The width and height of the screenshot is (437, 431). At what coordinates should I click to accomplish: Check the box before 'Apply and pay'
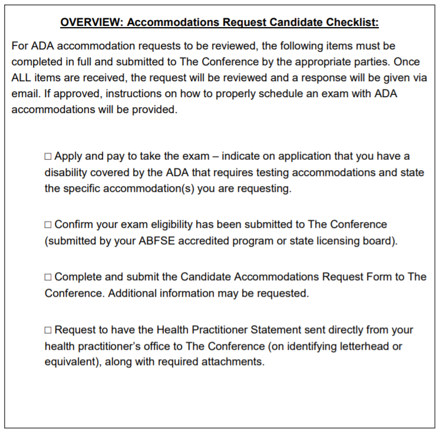tap(48, 157)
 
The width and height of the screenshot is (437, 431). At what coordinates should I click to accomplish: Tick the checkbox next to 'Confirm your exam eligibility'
tap(48, 225)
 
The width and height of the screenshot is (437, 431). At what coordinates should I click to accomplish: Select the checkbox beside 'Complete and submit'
tap(48, 277)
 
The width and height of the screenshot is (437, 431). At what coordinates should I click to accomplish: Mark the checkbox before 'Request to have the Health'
tap(48, 330)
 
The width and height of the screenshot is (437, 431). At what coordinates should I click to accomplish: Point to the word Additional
tap(131, 293)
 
